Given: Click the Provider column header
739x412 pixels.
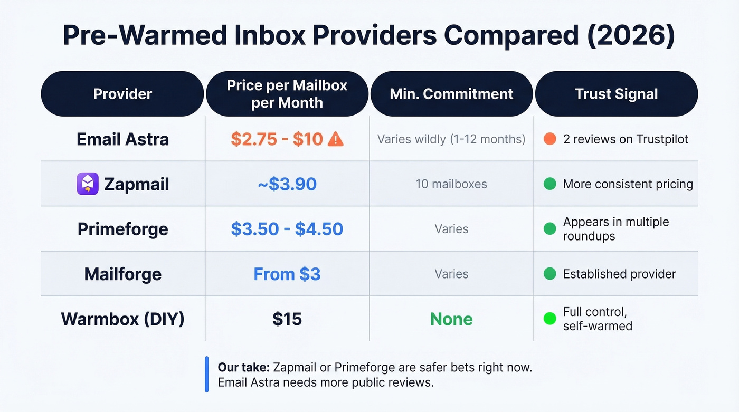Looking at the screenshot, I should (122, 94).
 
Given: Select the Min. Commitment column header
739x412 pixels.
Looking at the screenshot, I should (451, 94).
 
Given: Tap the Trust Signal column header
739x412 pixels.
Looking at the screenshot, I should (616, 94).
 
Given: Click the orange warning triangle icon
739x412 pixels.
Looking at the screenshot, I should (336, 139).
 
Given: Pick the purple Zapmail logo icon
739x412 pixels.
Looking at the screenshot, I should (88, 184).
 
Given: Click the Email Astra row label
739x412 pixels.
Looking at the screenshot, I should (122, 139).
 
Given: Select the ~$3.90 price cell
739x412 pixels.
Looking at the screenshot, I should (287, 184).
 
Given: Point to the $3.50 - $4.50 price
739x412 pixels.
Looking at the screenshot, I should (287, 229).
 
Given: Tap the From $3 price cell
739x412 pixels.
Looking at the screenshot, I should (287, 274).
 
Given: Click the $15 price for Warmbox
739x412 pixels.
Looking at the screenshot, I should (287, 319).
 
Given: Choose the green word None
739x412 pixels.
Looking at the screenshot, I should (451, 319).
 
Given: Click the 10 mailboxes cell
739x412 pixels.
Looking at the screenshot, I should (451, 184).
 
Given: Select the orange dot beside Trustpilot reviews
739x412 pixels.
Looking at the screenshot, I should (549, 139).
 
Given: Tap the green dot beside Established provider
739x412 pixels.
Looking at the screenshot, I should (549, 274).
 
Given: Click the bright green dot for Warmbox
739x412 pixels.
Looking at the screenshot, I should (549, 319).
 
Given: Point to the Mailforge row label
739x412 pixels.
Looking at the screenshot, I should (122, 274).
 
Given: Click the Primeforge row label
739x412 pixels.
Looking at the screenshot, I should (122, 229).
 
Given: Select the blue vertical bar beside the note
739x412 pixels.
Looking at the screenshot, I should (207, 375).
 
